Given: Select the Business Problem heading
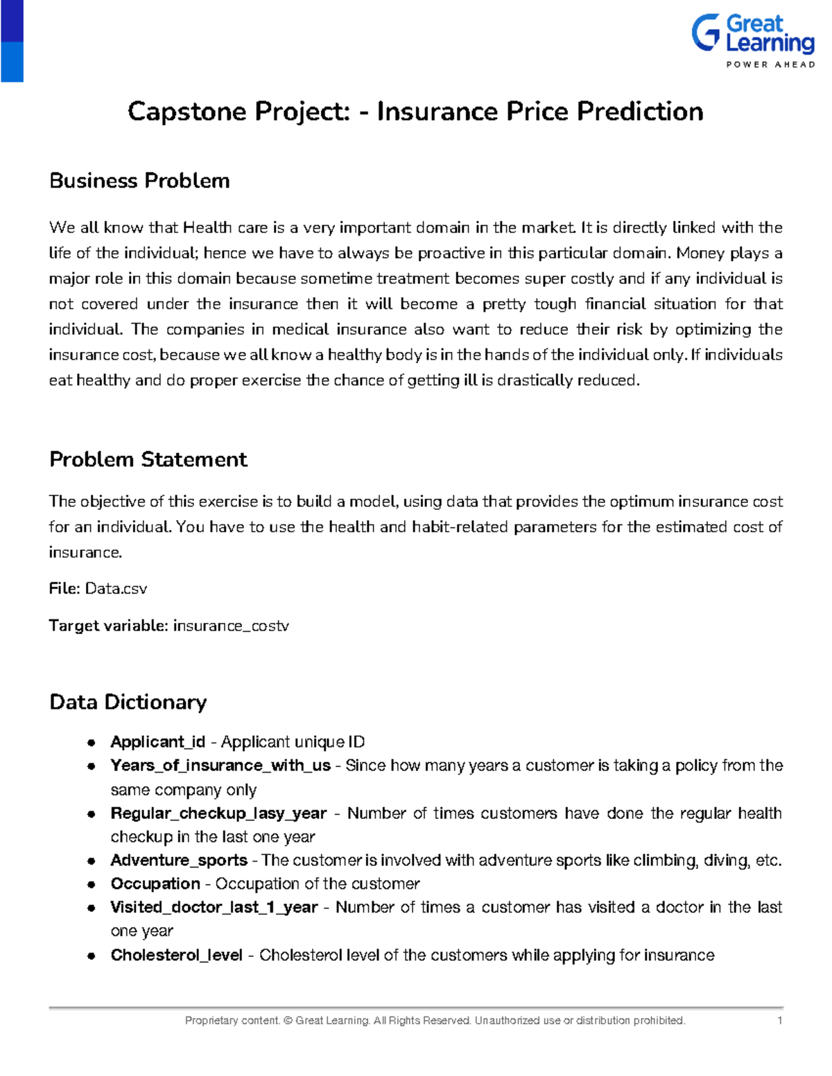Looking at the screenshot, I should (x=139, y=181).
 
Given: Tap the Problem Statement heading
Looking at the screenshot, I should (x=148, y=459).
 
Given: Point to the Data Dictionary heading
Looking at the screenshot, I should (x=128, y=702).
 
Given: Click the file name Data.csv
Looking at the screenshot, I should (x=116, y=589).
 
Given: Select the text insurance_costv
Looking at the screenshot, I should (x=231, y=626).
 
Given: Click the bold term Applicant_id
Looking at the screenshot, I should (x=157, y=742).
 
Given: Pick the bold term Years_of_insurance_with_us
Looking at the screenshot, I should (x=220, y=766).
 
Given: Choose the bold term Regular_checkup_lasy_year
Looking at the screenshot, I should (x=218, y=813).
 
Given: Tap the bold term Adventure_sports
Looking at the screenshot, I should (x=178, y=861).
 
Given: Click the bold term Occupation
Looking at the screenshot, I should (x=155, y=884).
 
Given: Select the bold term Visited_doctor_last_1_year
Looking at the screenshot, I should (x=214, y=908).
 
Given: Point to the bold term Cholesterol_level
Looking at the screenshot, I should (x=176, y=955).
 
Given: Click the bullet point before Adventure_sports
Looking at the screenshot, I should (x=91, y=861).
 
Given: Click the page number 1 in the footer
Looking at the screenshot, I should (x=780, y=1021).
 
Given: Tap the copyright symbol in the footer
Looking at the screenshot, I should (x=288, y=1021).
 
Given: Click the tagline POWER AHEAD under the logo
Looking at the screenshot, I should (x=770, y=64).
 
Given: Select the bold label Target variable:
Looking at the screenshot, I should (x=108, y=626).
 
